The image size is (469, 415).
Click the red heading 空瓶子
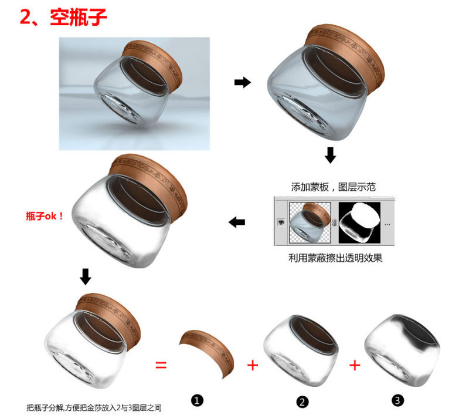click(79, 17)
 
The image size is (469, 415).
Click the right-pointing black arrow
click(243, 82)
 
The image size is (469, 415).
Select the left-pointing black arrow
click(237, 222)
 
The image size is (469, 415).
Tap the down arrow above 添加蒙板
click(330, 155)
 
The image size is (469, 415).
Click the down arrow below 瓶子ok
click(86, 276)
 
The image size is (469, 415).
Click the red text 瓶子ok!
click(45, 216)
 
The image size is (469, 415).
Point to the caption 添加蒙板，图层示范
click(333, 187)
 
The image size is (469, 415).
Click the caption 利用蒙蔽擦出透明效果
click(335, 258)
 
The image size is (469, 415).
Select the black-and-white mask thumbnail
click(359, 223)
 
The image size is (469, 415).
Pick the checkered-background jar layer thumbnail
click(310, 223)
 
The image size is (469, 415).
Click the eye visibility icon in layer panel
click(281, 222)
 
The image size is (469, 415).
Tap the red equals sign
click(161, 365)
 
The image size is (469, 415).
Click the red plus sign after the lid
click(253, 365)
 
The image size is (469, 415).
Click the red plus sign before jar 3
click(355, 365)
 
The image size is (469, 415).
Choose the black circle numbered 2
click(302, 402)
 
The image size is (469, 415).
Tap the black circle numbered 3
click(397, 400)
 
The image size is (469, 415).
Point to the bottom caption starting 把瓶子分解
click(94, 408)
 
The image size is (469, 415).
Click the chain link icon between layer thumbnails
click(335, 222)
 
